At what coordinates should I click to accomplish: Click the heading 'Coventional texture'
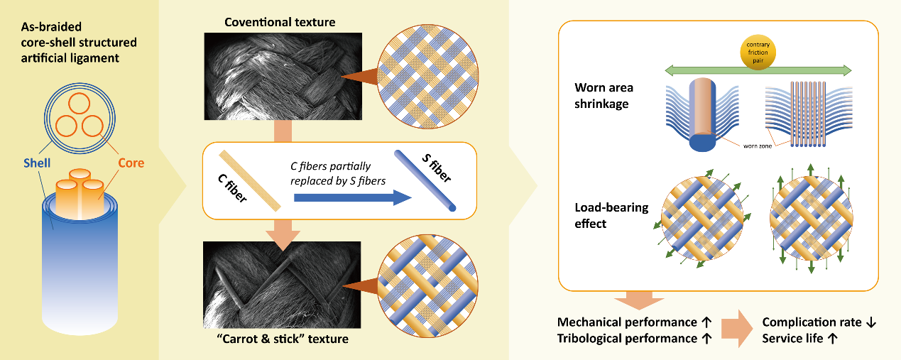click(x=280, y=23)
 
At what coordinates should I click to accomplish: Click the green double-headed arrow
click(x=758, y=69)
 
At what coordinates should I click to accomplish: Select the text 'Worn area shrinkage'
click(x=604, y=94)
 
